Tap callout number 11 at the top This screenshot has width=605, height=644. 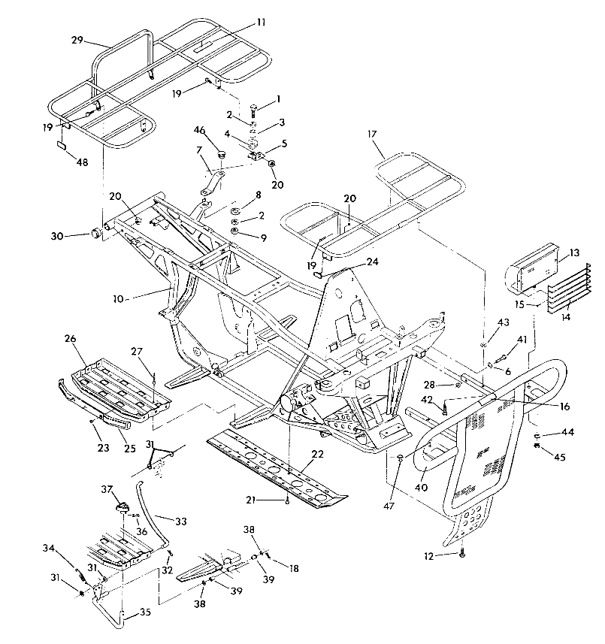(261, 23)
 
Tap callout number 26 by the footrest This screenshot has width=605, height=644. (70, 338)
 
